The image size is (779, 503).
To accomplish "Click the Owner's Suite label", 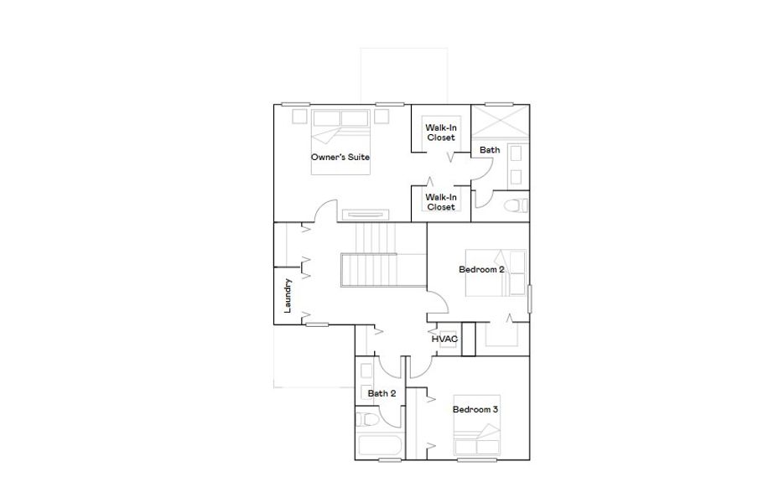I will click(340, 157).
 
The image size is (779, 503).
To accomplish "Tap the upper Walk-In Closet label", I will click(440, 132).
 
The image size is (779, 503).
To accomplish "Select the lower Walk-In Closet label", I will click(440, 201).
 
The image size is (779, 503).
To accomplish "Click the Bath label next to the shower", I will click(490, 150).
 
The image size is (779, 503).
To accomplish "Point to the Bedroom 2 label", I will click(481, 269).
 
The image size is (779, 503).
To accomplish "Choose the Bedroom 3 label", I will click(475, 409).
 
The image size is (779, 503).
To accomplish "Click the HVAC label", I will click(444, 339).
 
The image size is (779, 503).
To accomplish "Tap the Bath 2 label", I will click(382, 392).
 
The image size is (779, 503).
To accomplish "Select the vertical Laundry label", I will click(288, 295).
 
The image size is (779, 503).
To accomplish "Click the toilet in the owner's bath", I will click(512, 205).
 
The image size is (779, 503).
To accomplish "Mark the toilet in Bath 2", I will click(367, 419).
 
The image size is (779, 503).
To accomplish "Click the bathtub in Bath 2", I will click(379, 445).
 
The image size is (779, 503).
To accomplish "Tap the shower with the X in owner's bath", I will click(500, 122).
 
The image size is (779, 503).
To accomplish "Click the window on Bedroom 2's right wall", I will click(529, 299).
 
